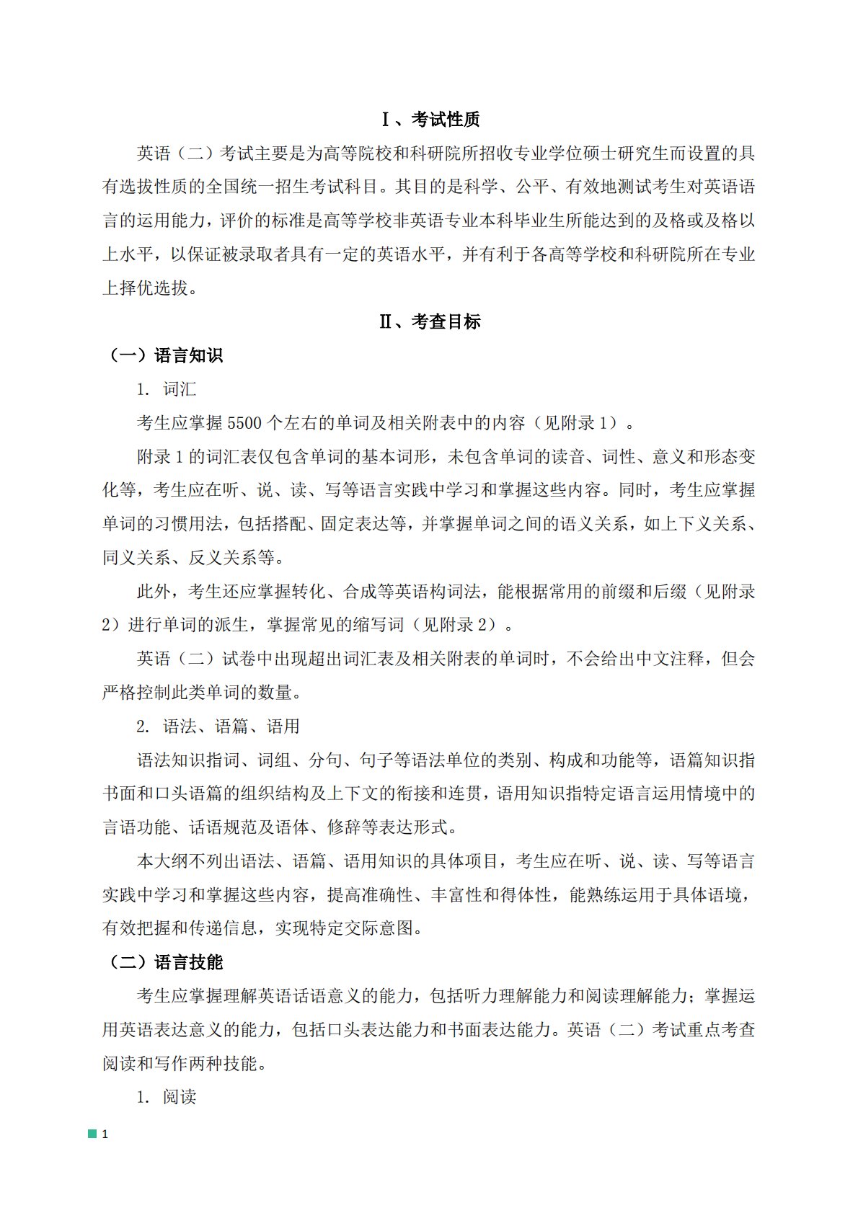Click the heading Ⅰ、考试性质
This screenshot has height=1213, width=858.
pyautogui.click(x=430, y=120)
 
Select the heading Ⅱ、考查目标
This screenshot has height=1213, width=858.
pyautogui.click(x=430, y=322)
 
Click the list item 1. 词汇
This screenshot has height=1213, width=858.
pyautogui.click(x=167, y=390)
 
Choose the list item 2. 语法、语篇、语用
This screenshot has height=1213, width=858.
pyautogui.click(x=218, y=727)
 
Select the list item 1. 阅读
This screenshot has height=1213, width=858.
pyautogui.click(x=167, y=1098)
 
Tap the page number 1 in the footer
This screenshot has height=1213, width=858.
pyautogui.click(x=105, y=1134)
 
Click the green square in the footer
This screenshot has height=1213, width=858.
pyautogui.click(x=92, y=1134)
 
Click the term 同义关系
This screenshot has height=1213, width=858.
pyautogui.click(x=136, y=558)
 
